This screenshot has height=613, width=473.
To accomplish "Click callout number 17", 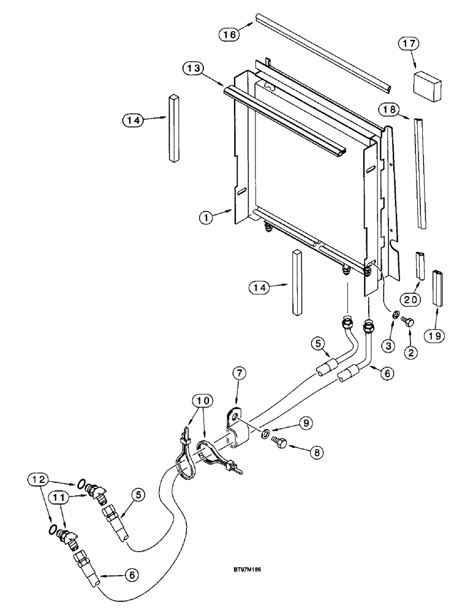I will pyautogui.click(x=407, y=44).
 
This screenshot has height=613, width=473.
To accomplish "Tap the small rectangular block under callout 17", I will pyautogui.click(x=427, y=83).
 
